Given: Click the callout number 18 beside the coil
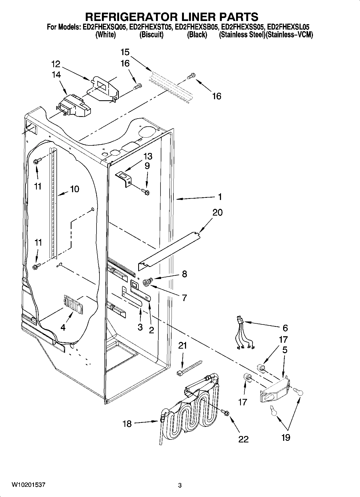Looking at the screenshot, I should coord(127,424).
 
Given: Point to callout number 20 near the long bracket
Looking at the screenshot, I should coord(217,212).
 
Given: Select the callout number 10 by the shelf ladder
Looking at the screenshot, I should coord(74,189).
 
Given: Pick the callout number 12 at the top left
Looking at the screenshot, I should coord(56,64).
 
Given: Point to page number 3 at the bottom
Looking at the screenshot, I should coord(180,485).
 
